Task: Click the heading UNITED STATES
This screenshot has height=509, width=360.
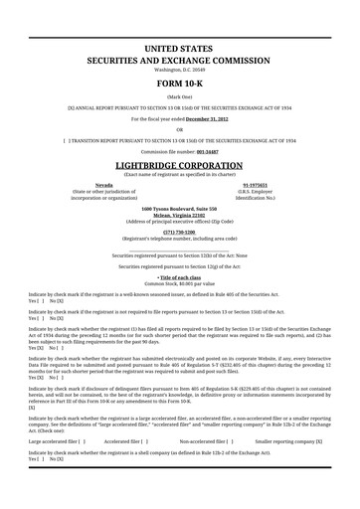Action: (179, 49)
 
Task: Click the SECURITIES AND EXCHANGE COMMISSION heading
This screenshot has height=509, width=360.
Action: (179, 61)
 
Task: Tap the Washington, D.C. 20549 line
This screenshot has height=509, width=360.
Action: (179, 70)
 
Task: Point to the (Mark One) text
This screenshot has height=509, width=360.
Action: (179, 95)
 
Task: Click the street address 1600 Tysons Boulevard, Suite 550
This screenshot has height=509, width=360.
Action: (179, 208)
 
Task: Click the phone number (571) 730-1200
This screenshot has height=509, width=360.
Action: (179, 232)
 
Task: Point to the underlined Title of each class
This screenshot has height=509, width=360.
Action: (180, 276)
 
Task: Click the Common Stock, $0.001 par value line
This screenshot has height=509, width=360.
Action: (179, 283)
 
